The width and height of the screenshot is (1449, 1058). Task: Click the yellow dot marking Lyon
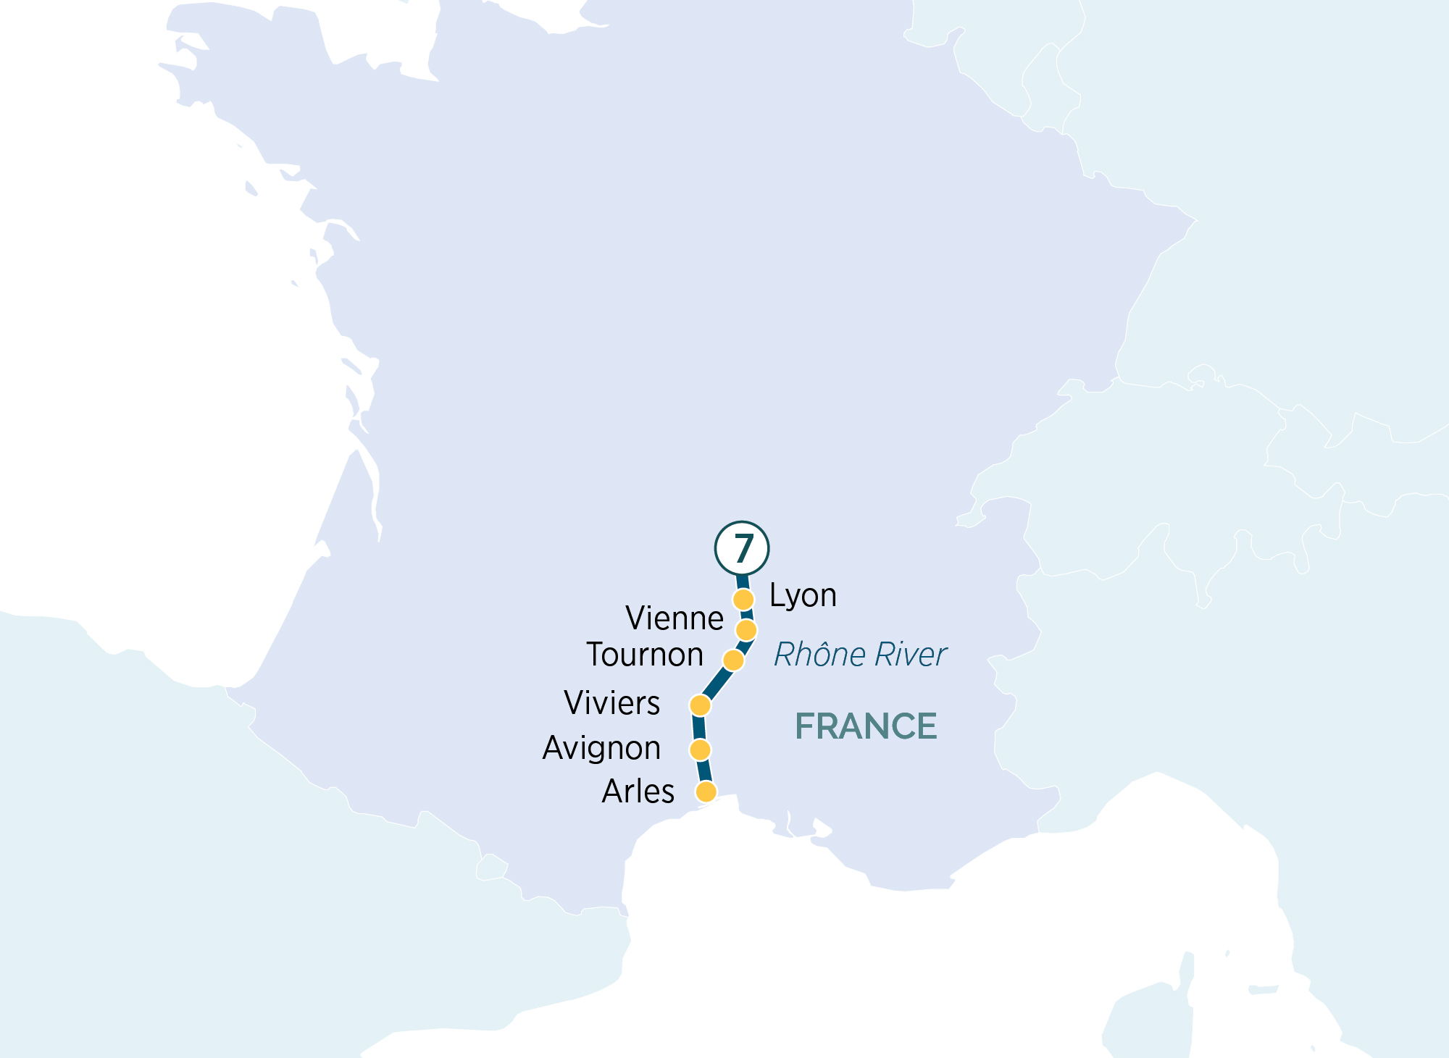pyautogui.click(x=743, y=600)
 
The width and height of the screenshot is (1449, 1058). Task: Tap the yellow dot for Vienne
pyautogui.click(x=746, y=630)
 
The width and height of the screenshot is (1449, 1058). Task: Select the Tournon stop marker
pyautogui.click(x=733, y=660)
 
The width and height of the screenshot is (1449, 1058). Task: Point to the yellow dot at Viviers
pyautogui.click(x=700, y=705)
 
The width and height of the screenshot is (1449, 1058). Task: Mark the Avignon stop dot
pyautogui.click(x=700, y=750)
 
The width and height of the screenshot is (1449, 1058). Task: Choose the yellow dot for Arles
pyautogui.click(x=706, y=792)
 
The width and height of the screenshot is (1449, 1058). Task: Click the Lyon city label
pyautogui.click(x=803, y=596)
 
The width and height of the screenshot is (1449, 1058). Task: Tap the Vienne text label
pyautogui.click(x=675, y=618)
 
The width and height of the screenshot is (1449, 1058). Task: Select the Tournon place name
pyautogui.click(x=645, y=655)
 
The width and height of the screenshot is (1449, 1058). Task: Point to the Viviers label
pyautogui.click(x=612, y=703)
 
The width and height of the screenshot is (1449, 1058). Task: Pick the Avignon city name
pyautogui.click(x=601, y=748)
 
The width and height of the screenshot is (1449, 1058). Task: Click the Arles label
pyautogui.click(x=638, y=792)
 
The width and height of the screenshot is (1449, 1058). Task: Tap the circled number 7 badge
pyautogui.click(x=742, y=548)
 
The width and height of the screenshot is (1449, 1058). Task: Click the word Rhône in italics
pyautogui.click(x=819, y=655)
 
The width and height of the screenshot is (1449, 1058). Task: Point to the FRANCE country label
pyautogui.click(x=866, y=726)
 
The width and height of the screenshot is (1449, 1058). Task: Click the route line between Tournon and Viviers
pyautogui.click(x=717, y=683)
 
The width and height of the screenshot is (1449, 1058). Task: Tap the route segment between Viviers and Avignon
pyautogui.click(x=699, y=727)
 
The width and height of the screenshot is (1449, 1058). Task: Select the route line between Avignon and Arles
pyautogui.click(x=703, y=771)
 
